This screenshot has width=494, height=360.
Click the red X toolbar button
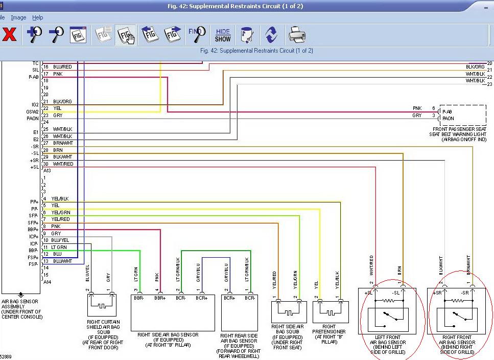click(x=10, y=35)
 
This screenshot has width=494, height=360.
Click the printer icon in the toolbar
click(x=297, y=35)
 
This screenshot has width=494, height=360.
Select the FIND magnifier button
click(x=197, y=34)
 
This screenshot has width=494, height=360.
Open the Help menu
click(x=38, y=17)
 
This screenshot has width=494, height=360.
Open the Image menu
click(x=18, y=17)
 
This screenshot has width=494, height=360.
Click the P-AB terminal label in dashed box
click(x=448, y=111)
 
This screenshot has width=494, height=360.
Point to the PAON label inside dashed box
click(x=448, y=119)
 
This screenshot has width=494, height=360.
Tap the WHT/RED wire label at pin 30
click(x=63, y=164)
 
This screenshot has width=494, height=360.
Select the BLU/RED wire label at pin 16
click(x=62, y=67)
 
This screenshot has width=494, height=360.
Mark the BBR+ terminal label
click(x=160, y=298)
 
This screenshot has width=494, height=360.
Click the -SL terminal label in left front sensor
click(x=395, y=292)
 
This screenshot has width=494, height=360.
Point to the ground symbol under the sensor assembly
click(x=21, y=295)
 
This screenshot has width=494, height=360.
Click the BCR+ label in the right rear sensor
click(x=229, y=298)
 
